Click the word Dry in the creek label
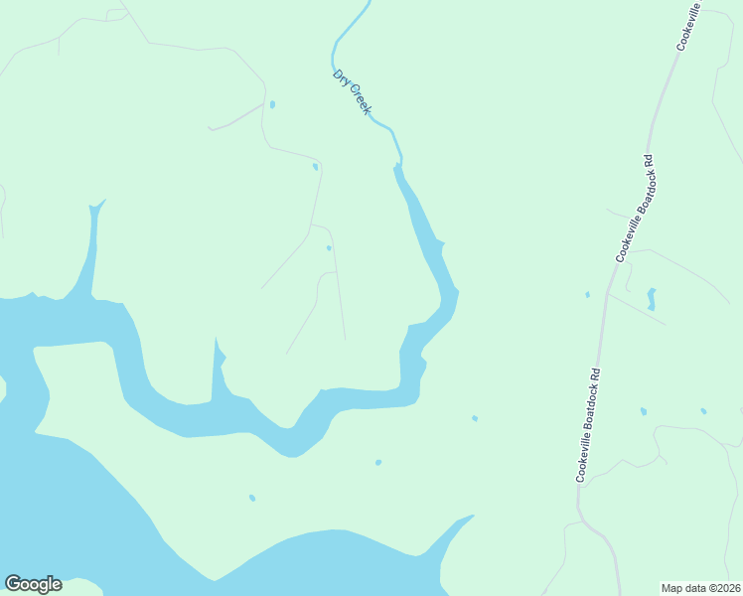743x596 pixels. [341, 78]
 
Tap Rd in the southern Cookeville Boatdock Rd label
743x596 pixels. [597, 375]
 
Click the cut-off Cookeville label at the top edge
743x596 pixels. [689, 26]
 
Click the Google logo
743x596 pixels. [33, 584]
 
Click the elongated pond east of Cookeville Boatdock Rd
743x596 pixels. [652, 298]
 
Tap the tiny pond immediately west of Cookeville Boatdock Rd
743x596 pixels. [588, 294]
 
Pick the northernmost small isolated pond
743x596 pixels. [272, 104]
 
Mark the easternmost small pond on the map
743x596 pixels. [703, 410]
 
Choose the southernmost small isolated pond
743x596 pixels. [252, 498]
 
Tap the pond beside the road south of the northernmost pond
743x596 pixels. [316, 166]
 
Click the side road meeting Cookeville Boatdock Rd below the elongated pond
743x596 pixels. [636, 308]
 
